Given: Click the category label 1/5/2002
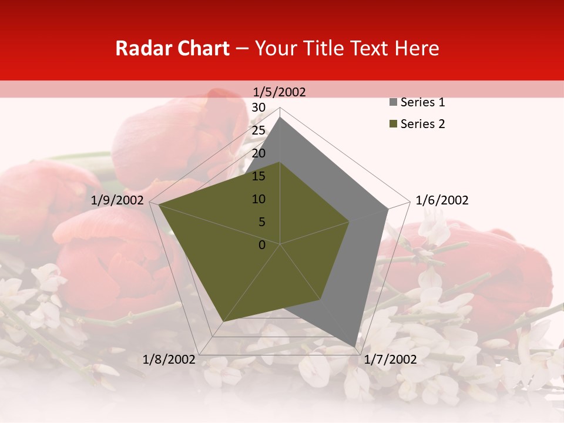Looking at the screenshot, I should (280, 92).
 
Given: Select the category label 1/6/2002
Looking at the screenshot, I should (442, 200).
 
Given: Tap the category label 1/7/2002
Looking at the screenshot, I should (390, 359).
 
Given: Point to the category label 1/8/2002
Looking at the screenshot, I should (169, 359).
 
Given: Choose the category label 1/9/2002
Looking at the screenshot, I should (117, 200).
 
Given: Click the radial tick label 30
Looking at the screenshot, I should (258, 108).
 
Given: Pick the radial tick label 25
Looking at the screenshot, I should (258, 130).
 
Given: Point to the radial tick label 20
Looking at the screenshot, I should (258, 153).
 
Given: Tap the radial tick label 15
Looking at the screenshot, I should (258, 176).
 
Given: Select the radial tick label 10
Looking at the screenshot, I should (258, 199).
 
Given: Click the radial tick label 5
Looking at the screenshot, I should (261, 222).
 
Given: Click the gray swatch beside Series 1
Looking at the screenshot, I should (393, 103).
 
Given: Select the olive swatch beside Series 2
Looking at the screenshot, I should (393, 124).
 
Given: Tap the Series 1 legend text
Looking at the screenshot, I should (422, 102).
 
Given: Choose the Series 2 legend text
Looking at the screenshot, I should (422, 124).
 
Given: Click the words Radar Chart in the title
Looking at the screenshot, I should (172, 48).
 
